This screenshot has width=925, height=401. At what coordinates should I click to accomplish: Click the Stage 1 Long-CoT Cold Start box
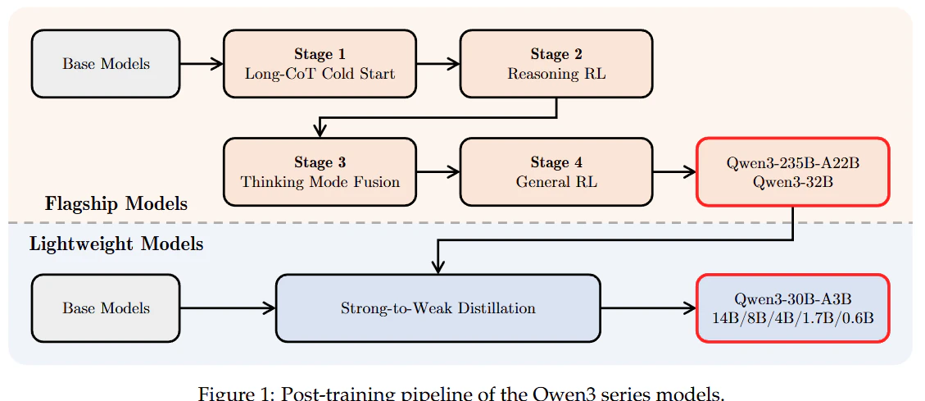pos(320,64)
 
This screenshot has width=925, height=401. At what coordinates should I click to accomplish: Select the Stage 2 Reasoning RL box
pos(556,64)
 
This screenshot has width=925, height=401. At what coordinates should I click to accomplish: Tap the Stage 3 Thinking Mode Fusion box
pos(320,172)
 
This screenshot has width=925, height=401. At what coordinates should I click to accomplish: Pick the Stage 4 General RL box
pos(556,172)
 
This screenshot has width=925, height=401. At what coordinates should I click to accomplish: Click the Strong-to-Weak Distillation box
pos(438,308)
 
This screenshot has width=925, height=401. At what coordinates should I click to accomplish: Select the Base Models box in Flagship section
pos(106,64)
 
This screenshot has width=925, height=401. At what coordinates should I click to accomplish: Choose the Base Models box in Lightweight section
pos(106,308)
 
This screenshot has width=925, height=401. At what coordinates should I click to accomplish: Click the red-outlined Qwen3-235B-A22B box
pos(793,172)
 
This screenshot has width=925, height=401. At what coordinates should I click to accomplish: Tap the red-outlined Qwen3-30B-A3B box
pos(793,308)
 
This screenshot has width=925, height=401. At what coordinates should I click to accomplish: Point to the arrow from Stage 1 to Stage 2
pos(438,64)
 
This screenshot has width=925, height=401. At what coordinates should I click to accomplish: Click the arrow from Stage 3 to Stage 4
pos(438,172)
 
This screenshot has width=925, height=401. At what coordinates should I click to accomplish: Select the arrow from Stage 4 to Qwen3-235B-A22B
pos(675,172)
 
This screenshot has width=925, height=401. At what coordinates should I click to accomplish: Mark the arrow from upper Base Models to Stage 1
pos(202,64)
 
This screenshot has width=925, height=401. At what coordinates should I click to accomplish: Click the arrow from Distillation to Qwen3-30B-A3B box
pos(649,308)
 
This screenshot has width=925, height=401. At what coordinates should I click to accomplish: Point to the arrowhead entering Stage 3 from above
pos(320,132)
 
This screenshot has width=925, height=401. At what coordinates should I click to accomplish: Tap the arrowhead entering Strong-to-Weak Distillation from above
pos(438,267)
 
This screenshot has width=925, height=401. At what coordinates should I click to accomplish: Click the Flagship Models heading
pos(116,204)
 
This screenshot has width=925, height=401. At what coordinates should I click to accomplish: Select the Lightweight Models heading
pos(116,244)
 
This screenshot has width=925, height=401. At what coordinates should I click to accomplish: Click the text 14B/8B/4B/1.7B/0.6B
pos(793,317)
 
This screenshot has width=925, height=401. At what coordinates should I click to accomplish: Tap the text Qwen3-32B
pos(793,182)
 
